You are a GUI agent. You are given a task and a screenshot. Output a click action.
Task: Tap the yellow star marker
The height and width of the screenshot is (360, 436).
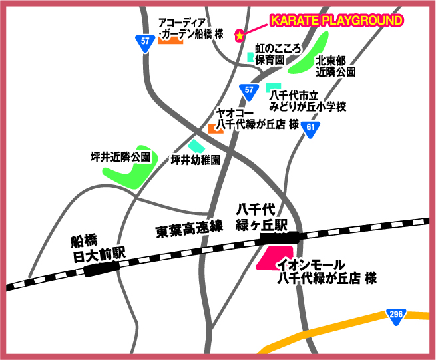239,35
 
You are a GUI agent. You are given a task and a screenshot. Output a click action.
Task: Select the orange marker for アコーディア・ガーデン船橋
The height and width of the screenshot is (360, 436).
171,41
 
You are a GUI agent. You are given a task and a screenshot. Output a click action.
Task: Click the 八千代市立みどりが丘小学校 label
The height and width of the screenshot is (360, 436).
308,101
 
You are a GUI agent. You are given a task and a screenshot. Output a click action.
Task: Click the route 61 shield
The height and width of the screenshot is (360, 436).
310,128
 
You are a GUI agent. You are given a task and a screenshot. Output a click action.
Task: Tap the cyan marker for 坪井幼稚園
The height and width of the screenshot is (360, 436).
196,146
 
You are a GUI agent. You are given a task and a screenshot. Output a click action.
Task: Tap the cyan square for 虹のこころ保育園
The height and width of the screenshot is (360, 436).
251,57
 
